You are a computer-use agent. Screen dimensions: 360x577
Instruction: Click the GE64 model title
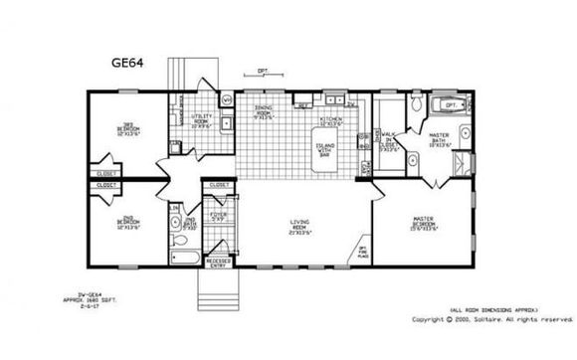(x=126, y=62)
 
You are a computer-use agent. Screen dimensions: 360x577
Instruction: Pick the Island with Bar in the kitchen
(x=326, y=149)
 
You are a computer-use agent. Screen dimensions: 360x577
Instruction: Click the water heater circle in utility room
(x=226, y=100)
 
